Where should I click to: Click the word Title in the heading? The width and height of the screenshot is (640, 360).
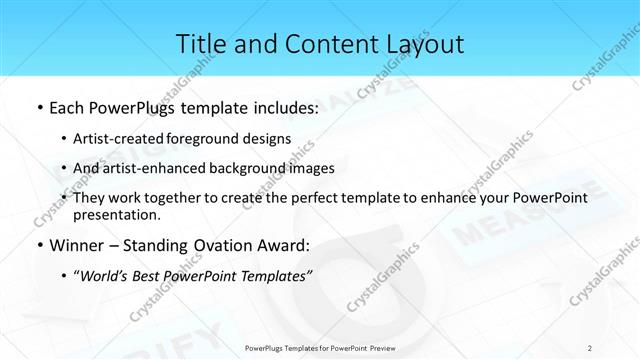pyautogui.click(x=200, y=44)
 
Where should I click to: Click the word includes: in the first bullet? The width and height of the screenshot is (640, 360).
pyautogui.click(x=281, y=107)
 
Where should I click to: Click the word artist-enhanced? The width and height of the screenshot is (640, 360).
pyautogui.click(x=161, y=168)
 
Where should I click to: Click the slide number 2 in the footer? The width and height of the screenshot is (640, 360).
pyautogui.click(x=589, y=347)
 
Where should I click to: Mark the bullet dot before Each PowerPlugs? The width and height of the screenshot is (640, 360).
pyautogui.click(x=38, y=107)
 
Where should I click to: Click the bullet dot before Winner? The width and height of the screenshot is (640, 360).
pyautogui.click(x=38, y=245)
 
